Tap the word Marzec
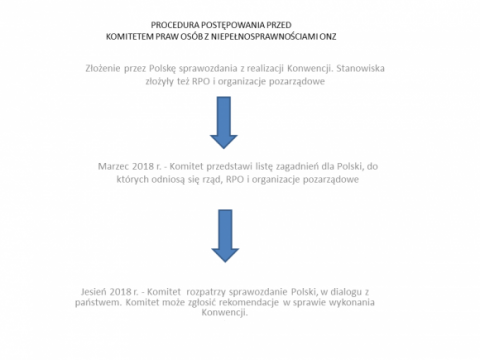click(x=113, y=166)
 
